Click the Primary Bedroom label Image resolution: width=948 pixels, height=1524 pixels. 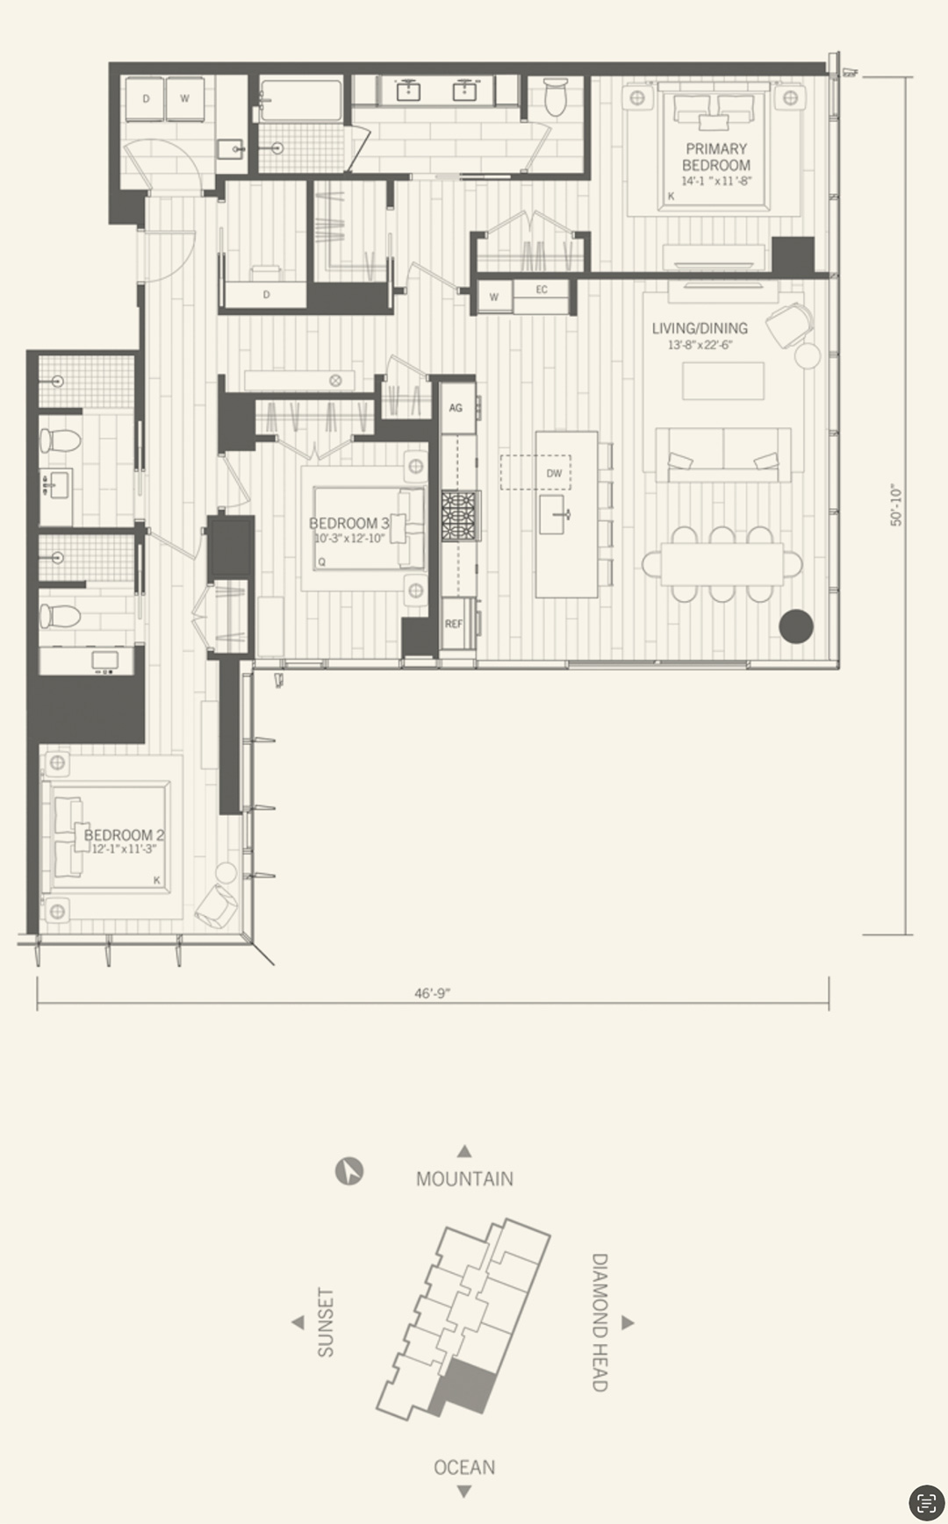(716, 157)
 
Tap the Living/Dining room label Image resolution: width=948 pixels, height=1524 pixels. (700, 328)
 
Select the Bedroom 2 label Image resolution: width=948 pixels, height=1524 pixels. (124, 834)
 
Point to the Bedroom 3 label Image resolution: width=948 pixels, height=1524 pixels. (348, 523)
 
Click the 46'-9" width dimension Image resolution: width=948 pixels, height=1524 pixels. (433, 993)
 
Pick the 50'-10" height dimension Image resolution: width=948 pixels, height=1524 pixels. (896, 505)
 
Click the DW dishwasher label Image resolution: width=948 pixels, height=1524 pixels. (554, 473)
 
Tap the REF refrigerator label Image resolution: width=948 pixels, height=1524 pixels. (454, 624)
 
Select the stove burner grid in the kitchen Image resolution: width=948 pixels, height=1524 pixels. (460, 516)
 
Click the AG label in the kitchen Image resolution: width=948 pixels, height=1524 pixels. (456, 408)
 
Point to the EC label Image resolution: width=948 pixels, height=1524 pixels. (542, 290)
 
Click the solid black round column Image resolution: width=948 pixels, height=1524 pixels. (796, 626)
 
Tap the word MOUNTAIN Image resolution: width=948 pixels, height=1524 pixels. (464, 1178)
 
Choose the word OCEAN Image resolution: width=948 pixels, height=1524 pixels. (464, 1467)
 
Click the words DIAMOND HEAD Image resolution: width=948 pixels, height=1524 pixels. (600, 1322)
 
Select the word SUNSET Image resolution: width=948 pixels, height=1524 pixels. (326, 1322)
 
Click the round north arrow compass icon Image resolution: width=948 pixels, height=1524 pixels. (349, 1171)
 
